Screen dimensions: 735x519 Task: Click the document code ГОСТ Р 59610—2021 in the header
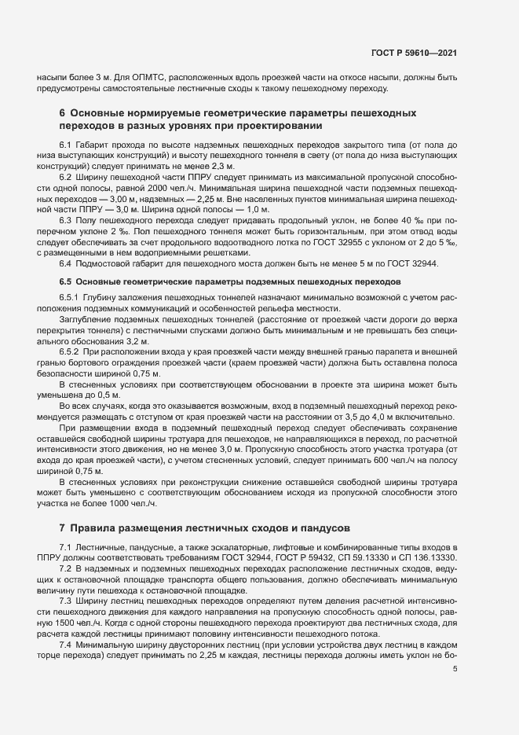[x=415, y=53]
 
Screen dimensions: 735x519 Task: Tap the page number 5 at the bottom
[x=456, y=670]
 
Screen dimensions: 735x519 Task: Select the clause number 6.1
[x=66, y=146]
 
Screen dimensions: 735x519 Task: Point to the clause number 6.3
[x=66, y=222]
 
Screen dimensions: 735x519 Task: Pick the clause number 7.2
[x=66, y=567]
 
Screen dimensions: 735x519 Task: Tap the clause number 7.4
[x=66, y=644]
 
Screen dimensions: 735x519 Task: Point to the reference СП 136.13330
[x=430, y=557]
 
